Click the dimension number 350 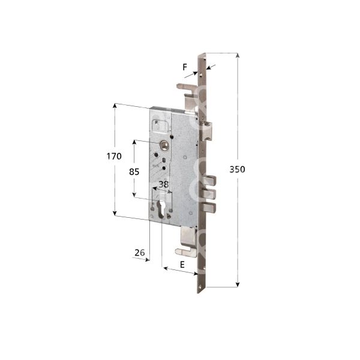[x=237, y=170]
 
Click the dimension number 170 [x=115, y=156]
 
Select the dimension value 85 [x=134, y=171]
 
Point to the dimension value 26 [x=140, y=253]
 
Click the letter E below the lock [x=181, y=263]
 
